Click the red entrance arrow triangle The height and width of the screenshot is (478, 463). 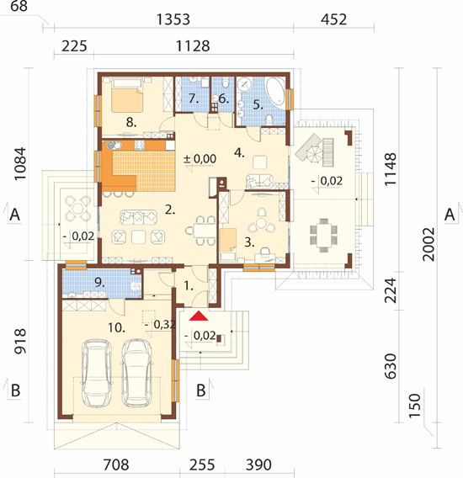coord(199,316)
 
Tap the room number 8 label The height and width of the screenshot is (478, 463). coord(131,123)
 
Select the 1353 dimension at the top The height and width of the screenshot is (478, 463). coord(173,19)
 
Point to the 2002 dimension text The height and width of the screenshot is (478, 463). coord(428,244)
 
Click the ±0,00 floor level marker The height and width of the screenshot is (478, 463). coord(200,159)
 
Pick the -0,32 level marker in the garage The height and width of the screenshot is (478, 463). coord(160,325)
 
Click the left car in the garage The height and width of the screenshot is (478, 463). coord(96,373)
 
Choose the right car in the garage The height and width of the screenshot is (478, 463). coord(136,373)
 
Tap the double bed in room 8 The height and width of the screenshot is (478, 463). coord(127,95)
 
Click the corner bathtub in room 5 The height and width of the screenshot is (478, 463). coord(276,91)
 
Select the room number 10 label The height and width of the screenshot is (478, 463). coord(116,328)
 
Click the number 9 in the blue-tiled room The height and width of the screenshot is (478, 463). coord(99,282)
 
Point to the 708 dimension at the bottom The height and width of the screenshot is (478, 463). coord(116,465)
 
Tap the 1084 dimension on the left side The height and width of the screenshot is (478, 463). coord(20,164)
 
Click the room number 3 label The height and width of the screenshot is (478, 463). coord(249,242)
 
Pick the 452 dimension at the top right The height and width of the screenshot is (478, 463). coord(333,19)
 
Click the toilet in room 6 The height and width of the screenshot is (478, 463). coord(226,82)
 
